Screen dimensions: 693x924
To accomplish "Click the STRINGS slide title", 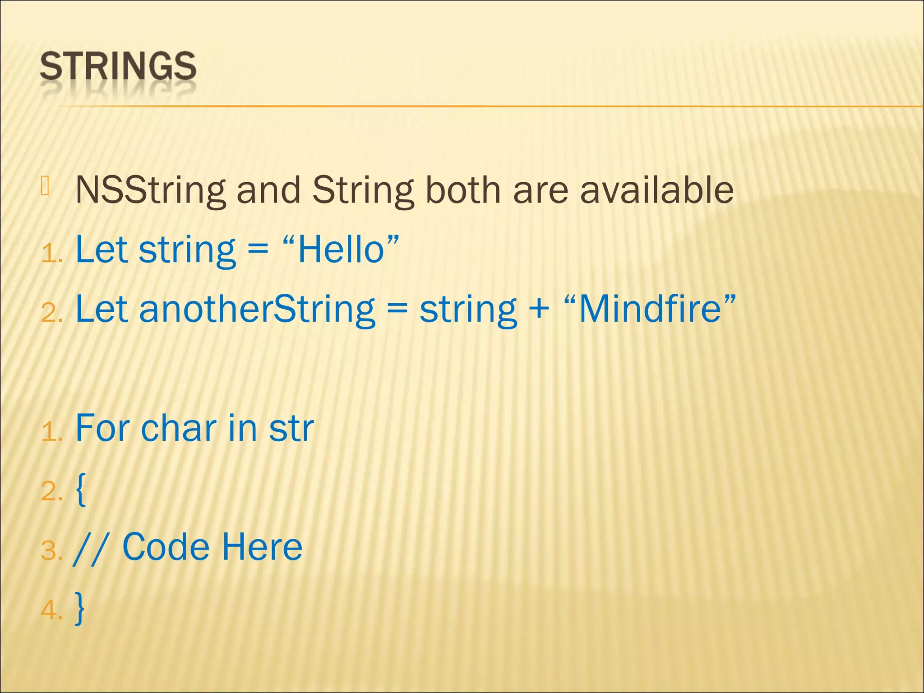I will point(118,66).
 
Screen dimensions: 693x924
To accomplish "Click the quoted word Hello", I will point(341,250).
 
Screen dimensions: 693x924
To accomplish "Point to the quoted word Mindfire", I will point(650,310).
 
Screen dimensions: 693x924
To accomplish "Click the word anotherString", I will point(257,310).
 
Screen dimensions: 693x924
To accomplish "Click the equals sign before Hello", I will point(258,251).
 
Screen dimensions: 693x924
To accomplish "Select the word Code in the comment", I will point(166,547).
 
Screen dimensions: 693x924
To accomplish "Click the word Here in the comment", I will point(262,547).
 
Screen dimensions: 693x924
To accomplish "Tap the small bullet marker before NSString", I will point(44,186).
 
